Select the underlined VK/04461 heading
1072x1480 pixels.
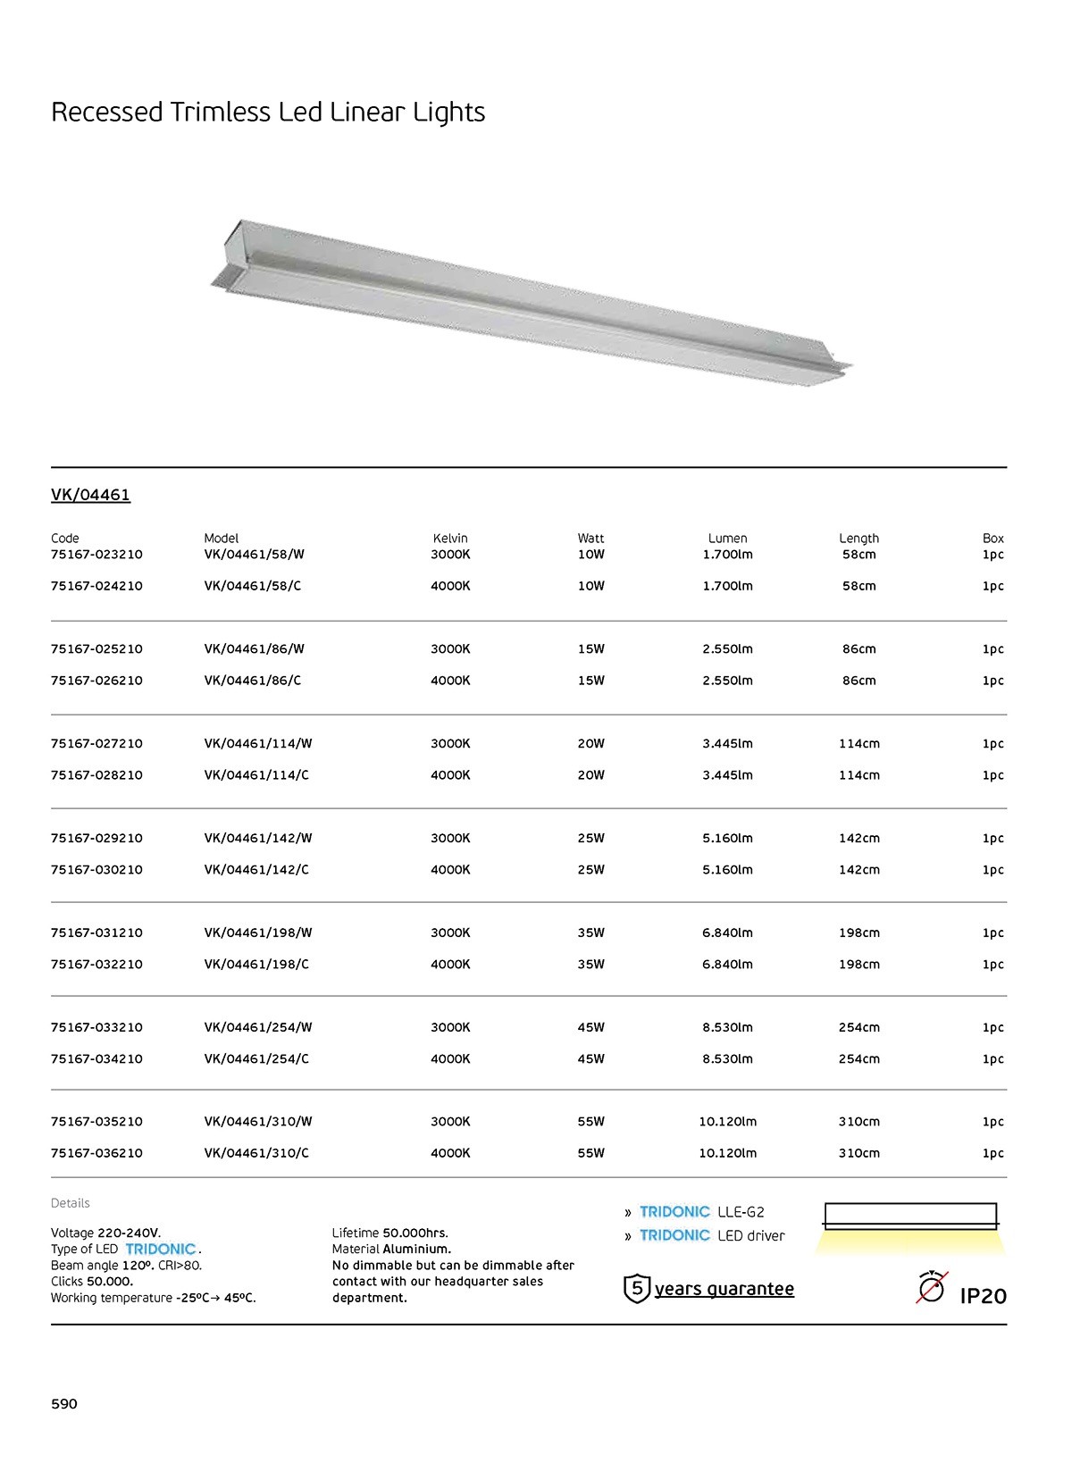coord(90,495)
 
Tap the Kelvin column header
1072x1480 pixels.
coord(450,539)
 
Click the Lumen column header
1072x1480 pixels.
coord(727,539)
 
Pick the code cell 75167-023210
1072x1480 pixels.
coord(96,555)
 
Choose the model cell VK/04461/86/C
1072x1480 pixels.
coord(253,681)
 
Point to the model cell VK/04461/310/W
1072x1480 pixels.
coord(258,1122)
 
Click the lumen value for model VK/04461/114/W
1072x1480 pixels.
coord(727,744)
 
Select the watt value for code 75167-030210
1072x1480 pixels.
coord(590,870)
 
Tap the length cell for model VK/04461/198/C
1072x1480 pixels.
coord(858,965)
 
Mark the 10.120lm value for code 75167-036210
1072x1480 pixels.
coord(727,1153)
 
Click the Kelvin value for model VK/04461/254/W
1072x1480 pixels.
coord(450,1028)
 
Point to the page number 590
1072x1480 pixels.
coord(64,1404)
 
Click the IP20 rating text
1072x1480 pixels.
coord(983,1296)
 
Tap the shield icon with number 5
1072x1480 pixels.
coord(636,1289)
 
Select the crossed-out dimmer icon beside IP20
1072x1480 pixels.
coord(932,1288)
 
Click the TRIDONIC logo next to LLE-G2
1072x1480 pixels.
coord(674,1212)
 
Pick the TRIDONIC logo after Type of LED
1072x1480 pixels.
coord(161,1250)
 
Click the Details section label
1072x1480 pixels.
coord(71,1203)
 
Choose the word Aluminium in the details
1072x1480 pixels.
coord(417,1250)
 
